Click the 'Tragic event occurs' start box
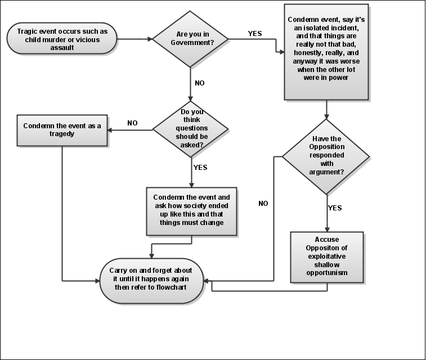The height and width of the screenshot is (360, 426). click(x=62, y=39)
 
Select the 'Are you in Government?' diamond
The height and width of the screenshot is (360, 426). click(x=190, y=39)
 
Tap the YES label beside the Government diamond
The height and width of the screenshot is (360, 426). click(x=255, y=33)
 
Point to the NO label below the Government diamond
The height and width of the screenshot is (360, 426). click(x=200, y=83)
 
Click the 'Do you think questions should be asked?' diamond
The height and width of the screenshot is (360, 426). click(x=190, y=129)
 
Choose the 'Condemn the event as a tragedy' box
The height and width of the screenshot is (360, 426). click(x=62, y=130)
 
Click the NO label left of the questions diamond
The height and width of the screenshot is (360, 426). click(x=132, y=123)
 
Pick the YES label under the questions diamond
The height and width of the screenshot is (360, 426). click(x=200, y=168)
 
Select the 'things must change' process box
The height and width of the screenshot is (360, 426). click(x=191, y=211)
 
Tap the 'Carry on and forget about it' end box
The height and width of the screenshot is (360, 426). click(x=151, y=281)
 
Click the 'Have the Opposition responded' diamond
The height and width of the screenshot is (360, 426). click(x=326, y=156)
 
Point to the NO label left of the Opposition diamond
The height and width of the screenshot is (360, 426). click(x=263, y=204)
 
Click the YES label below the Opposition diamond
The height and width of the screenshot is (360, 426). click(x=335, y=208)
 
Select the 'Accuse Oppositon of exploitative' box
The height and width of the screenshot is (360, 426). click(x=327, y=257)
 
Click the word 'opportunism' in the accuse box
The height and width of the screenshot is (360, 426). click(x=327, y=273)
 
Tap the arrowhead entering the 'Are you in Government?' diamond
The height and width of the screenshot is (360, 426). click(x=150, y=39)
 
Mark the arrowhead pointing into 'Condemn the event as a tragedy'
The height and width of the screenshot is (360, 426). click(x=110, y=130)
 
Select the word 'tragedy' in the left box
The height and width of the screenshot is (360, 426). click(x=62, y=134)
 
